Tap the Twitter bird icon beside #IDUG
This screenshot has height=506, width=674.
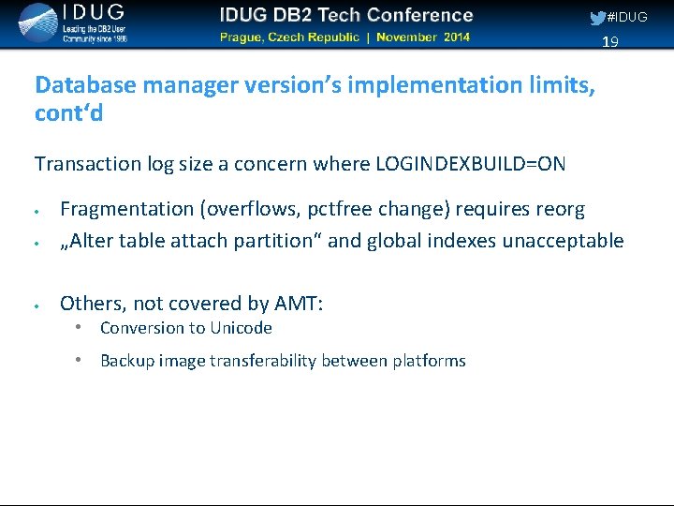(x=597, y=18)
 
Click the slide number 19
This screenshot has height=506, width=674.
(x=610, y=42)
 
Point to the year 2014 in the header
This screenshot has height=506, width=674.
(x=456, y=37)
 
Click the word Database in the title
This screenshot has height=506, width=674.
(x=84, y=84)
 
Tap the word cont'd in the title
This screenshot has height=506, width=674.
(x=68, y=113)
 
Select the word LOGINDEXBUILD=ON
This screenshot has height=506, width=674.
(x=470, y=164)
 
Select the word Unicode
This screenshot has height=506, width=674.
(x=242, y=328)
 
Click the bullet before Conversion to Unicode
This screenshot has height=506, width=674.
(x=82, y=327)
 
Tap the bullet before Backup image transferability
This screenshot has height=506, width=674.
(x=82, y=360)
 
